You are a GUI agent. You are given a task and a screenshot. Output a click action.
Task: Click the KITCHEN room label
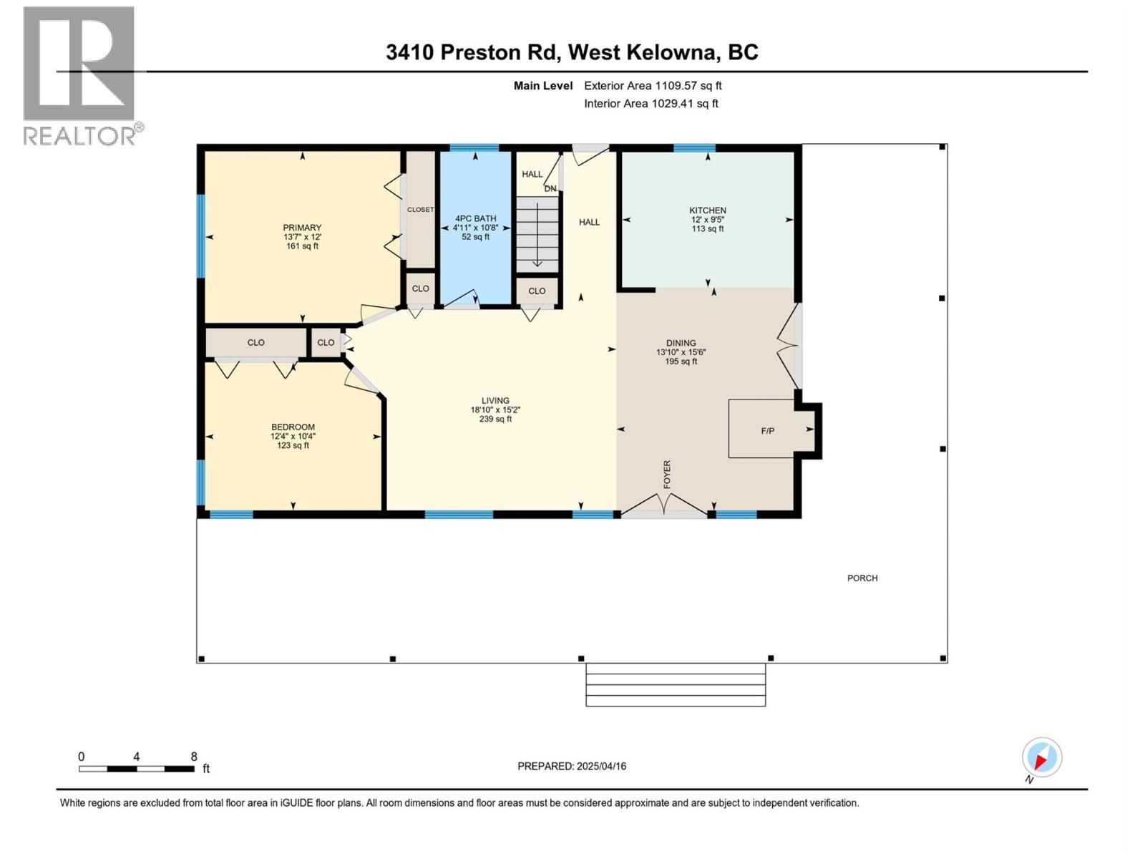point(707,210)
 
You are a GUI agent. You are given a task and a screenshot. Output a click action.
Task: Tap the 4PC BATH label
point(475,218)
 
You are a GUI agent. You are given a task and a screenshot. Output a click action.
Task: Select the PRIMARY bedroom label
point(302,228)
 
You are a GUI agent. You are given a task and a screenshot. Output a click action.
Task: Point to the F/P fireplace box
point(767,430)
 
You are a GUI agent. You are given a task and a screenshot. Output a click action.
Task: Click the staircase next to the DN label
point(537,233)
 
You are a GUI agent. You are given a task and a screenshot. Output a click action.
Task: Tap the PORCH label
point(862,578)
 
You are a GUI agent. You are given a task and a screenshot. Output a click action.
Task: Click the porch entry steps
point(676,684)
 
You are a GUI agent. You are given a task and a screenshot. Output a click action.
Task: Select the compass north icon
point(1041,757)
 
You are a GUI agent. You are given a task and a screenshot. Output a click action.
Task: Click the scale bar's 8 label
point(194,757)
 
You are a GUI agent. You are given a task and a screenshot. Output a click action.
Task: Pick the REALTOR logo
point(79,75)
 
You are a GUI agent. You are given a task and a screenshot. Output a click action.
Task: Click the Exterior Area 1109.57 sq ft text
point(653,86)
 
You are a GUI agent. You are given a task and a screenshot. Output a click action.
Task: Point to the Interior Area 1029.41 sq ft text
point(651,104)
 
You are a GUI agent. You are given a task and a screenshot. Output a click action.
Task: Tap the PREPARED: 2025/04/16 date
point(572,766)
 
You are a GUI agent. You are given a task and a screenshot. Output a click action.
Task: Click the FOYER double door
point(664,505)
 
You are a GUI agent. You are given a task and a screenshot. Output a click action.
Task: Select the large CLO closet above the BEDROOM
point(255,343)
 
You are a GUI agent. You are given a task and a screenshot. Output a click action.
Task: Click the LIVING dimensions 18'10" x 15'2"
point(495,410)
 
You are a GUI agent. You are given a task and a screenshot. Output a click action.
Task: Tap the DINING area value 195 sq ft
point(681,361)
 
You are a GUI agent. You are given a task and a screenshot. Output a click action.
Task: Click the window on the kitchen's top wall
point(694,148)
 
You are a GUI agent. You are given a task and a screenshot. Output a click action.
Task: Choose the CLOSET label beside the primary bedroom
point(420,210)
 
